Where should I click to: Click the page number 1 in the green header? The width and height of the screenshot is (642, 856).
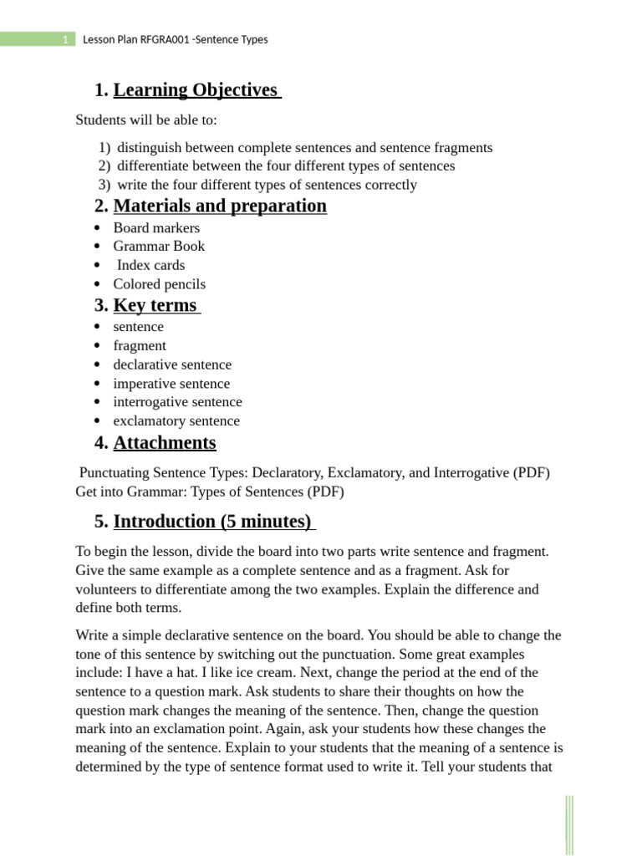(65, 40)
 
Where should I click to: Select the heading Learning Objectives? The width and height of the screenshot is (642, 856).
(196, 90)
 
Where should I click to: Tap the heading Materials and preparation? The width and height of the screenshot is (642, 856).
(220, 206)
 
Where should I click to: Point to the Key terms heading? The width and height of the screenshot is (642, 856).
(155, 305)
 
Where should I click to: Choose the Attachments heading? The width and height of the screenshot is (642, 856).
(165, 443)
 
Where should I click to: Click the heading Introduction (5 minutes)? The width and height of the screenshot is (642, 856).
(212, 522)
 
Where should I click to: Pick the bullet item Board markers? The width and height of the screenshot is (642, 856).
(156, 227)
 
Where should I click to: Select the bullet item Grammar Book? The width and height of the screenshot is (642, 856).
(159, 246)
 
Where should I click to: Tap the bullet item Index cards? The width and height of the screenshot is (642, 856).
(150, 265)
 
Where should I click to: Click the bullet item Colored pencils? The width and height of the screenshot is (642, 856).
(159, 284)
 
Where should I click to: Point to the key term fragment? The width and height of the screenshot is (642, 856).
(140, 345)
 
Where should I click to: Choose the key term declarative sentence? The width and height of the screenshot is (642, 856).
(172, 364)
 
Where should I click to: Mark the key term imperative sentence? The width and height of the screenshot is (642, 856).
(171, 384)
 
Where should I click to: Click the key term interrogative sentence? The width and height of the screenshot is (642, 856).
(177, 402)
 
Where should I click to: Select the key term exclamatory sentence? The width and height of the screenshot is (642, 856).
(176, 421)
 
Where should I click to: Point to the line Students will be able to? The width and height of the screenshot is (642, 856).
(146, 120)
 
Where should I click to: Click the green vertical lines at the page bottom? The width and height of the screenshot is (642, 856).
(569, 823)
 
